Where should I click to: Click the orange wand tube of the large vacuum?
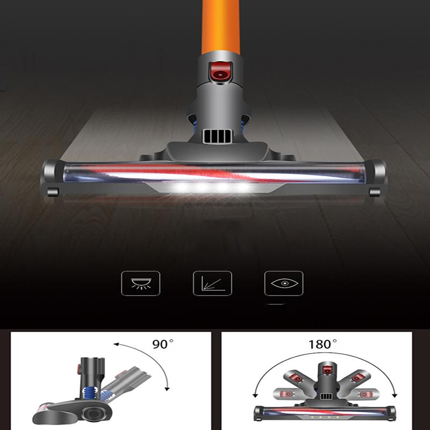(221, 27)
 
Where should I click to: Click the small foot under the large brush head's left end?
(52, 192)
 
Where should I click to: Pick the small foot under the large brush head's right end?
(375, 192)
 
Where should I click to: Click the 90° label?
(161, 345)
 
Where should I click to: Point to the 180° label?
(322, 345)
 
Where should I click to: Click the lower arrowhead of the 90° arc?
(168, 388)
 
